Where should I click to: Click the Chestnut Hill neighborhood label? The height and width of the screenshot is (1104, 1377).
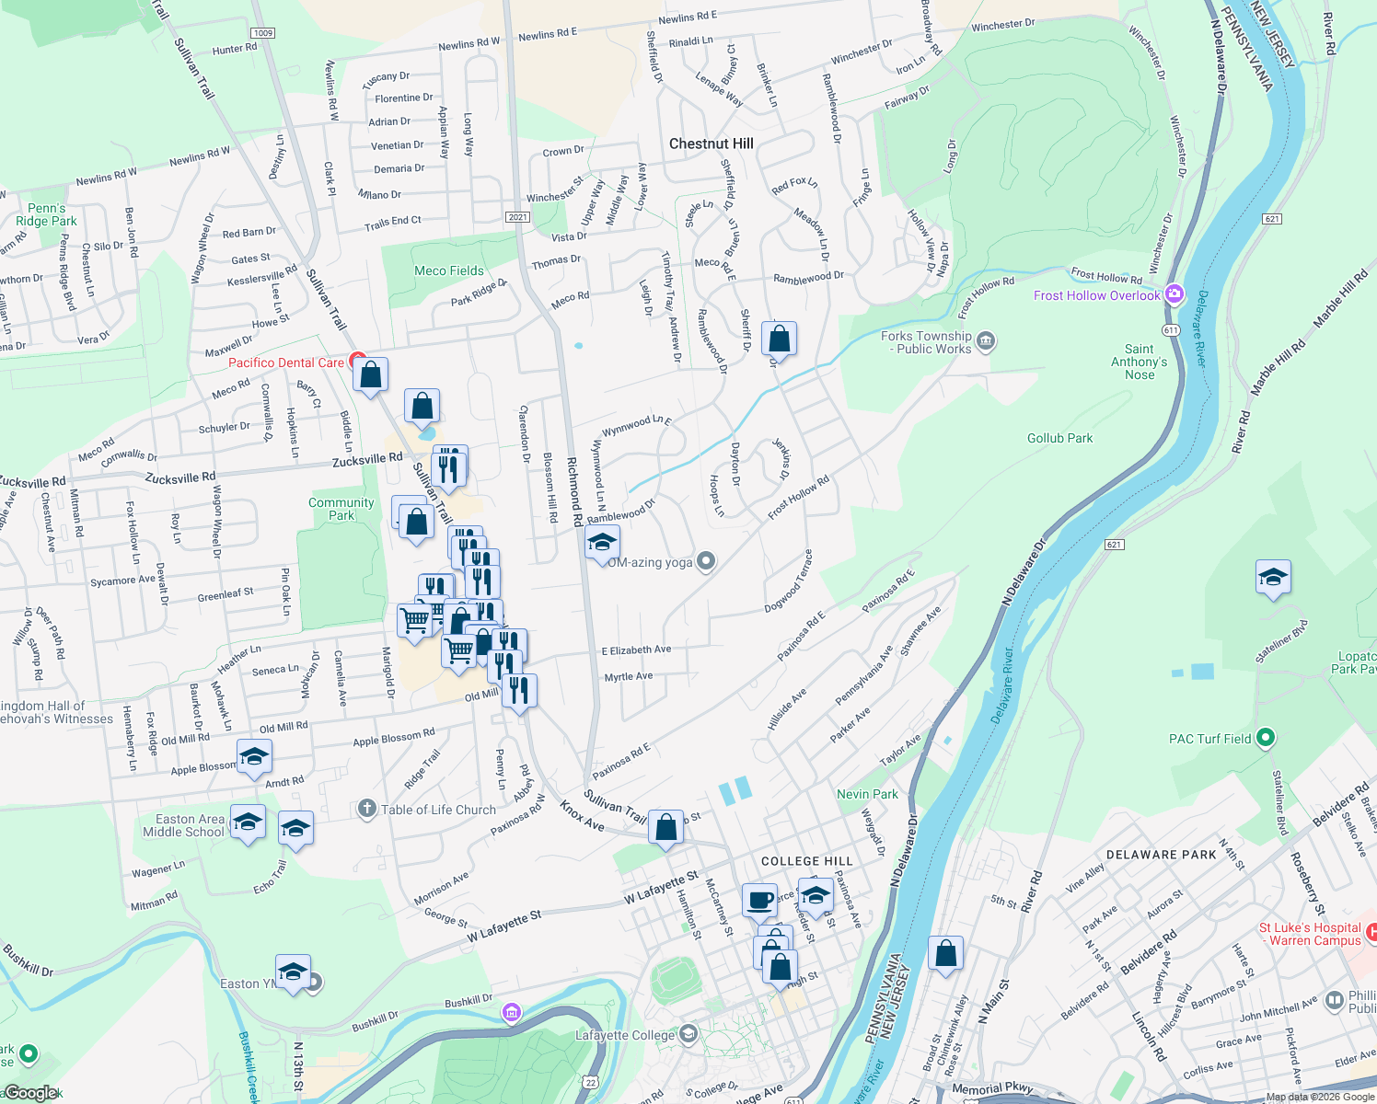pos(711,144)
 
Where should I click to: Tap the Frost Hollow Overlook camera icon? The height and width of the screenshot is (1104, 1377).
pos(1174,294)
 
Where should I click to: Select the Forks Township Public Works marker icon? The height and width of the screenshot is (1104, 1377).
pos(986,341)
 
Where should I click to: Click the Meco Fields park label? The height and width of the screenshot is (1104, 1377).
pos(448,270)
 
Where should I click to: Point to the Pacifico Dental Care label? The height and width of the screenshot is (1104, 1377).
pos(285,362)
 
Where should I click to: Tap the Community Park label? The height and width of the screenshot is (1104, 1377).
pos(341,509)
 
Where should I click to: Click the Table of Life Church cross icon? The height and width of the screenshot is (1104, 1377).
pos(366,809)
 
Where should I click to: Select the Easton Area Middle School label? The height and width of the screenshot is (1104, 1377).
pos(183,825)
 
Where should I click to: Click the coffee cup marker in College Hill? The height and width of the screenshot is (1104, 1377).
pos(759,901)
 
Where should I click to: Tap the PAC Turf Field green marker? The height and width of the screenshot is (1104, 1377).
pos(1266,737)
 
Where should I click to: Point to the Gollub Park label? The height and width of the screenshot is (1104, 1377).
pos(1059,438)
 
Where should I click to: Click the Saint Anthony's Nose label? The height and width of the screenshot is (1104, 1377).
pos(1139,362)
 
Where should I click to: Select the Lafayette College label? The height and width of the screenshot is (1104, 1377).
pos(625,1035)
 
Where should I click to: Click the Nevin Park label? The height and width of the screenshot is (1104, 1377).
pos(867,794)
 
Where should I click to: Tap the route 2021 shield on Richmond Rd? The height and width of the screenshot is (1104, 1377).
pos(517,217)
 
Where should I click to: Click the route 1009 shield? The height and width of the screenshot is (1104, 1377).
pos(262,33)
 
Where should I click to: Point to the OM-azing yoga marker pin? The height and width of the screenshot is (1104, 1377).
pos(706,560)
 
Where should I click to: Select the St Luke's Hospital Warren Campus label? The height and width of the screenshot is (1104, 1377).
pos(1310,934)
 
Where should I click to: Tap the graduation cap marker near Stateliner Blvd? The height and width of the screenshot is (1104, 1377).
pos(1273,578)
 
